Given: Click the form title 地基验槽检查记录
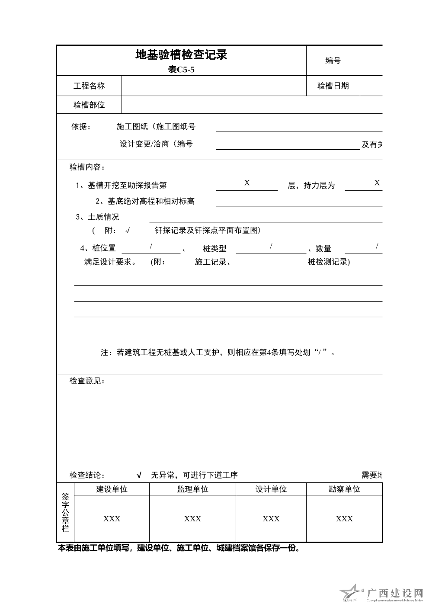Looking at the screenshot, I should (x=181, y=55).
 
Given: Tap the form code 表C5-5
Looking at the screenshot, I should (x=181, y=70).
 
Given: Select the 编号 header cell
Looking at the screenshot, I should (x=333, y=61).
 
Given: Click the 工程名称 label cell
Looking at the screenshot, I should (x=89, y=86).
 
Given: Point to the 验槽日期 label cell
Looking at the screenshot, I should (x=333, y=86).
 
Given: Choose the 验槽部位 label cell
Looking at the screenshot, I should (x=89, y=105).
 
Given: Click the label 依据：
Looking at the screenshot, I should (x=81, y=127).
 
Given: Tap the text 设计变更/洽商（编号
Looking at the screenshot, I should (x=156, y=144).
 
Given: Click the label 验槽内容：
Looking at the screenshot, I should (x=87, y=167).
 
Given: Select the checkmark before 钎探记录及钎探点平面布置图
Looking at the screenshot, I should (x=128, y=231).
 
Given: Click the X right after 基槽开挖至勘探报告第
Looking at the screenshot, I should (x=247, y=183).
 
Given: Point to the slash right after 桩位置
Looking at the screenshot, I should (x=151, y=246).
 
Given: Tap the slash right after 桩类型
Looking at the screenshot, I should (x=271, y=246).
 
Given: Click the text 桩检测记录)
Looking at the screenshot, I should (x=329, y=262).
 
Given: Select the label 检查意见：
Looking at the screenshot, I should (x=87, y=381).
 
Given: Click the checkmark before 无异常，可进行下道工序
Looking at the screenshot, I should (x=139, y=475).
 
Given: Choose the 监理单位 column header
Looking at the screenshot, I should (x=192, y=489).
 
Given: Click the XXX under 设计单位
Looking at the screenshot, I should (x=271, y=519).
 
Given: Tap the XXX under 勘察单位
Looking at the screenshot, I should (x=344, y=519).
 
